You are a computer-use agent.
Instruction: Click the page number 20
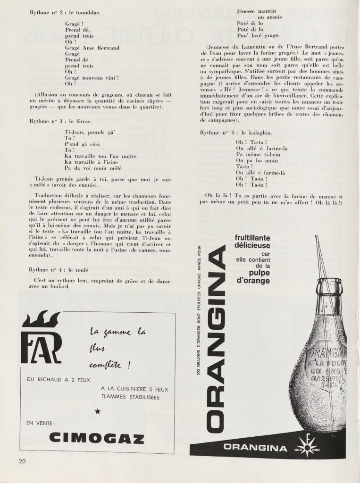(x=23, y=460)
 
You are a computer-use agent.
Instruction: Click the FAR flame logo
(x=42, y=338)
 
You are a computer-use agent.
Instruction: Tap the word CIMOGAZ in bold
(x=96, y=438)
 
